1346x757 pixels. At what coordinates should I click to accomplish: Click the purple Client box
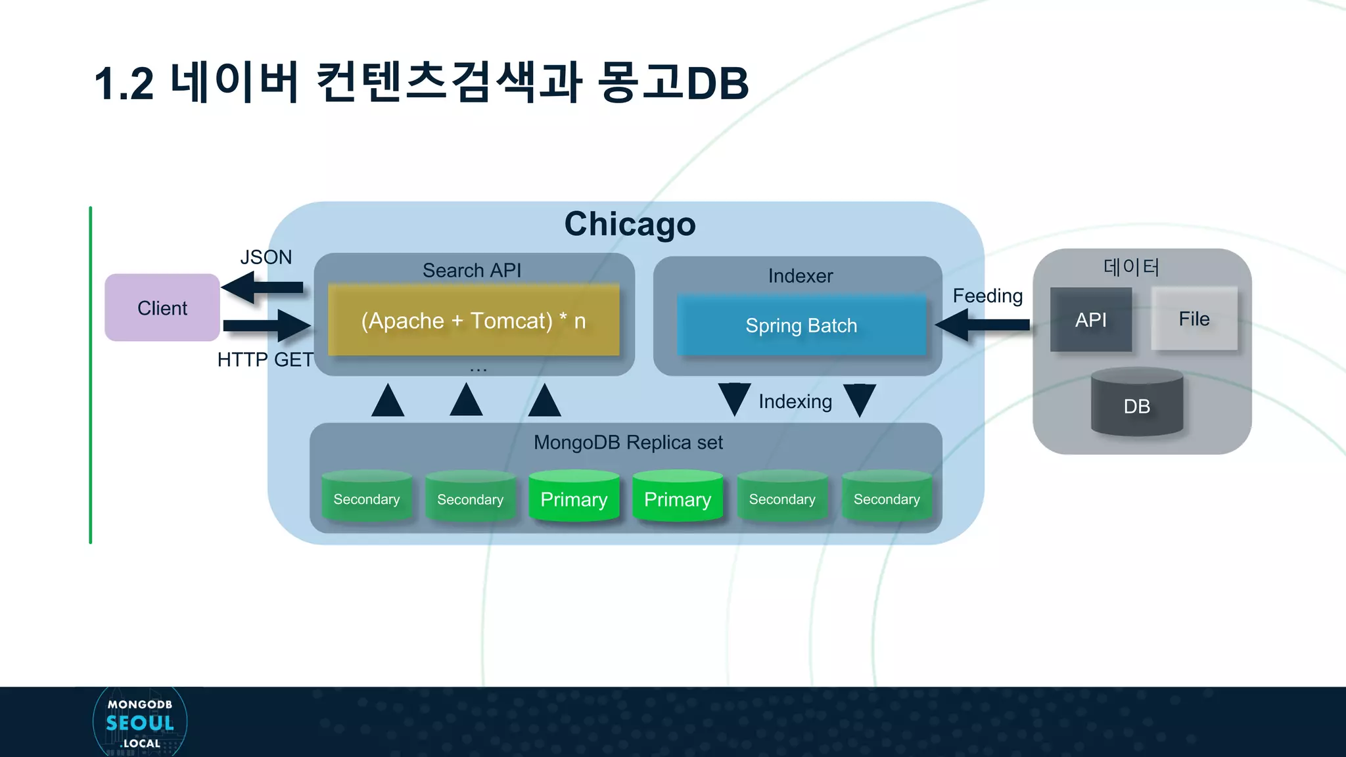tap(162, 308)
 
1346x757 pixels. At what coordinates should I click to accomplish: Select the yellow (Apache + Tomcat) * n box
tap(473, 321)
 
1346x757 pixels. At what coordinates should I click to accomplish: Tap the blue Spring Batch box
tap(801, 325)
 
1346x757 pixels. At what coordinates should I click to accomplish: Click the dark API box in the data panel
tap(1090, 319)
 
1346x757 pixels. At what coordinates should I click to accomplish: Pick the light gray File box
tap(1194, 319)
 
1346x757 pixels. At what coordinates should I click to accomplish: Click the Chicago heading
tap(630, 224)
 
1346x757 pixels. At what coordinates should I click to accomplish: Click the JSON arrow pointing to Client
tap(262, 287)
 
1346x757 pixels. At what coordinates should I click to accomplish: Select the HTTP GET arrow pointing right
tap(267, 325)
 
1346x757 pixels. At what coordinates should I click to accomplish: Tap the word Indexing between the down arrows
tap(795, 401)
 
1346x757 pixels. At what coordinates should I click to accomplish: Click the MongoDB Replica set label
tap(628, 442)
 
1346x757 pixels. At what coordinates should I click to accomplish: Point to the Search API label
tap(471, 270)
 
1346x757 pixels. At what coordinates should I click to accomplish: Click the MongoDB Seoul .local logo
tap(140, 723)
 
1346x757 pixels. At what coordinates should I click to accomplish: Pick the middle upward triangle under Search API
tap(466, 401)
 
